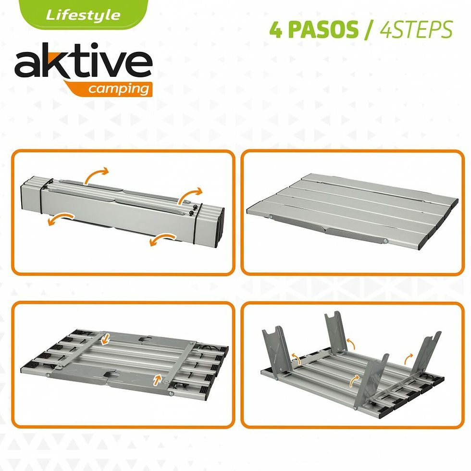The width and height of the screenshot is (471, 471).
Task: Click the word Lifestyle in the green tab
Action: click(83, 15)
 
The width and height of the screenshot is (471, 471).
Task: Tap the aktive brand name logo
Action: click(83, 65)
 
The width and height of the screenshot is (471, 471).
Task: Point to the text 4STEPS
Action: click(416, 30)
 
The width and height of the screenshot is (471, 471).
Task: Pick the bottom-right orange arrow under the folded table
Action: click(162, 238)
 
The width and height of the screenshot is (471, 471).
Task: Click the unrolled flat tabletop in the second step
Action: click(351, 209)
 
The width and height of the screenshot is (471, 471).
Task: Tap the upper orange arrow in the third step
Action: click(106, 340)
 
